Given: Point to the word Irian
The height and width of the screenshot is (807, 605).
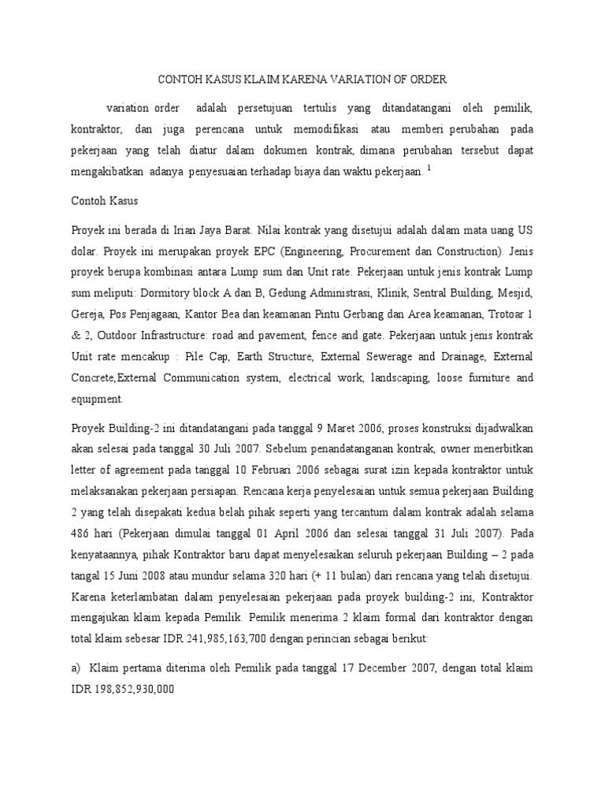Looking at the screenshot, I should click(202, 232).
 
